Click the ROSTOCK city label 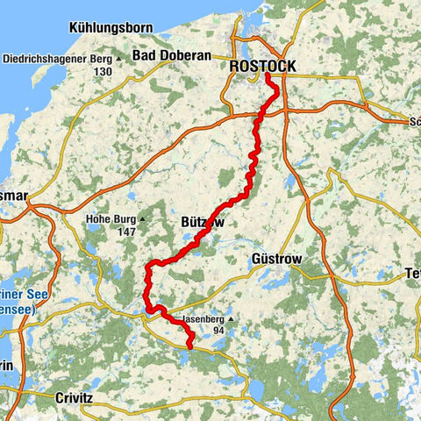[x=260, y=67]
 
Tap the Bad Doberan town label [x=171, y=55]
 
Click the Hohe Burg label [x=110, y=220]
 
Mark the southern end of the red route [x=190, y=347]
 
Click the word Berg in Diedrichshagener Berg [x=104, y=60]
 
